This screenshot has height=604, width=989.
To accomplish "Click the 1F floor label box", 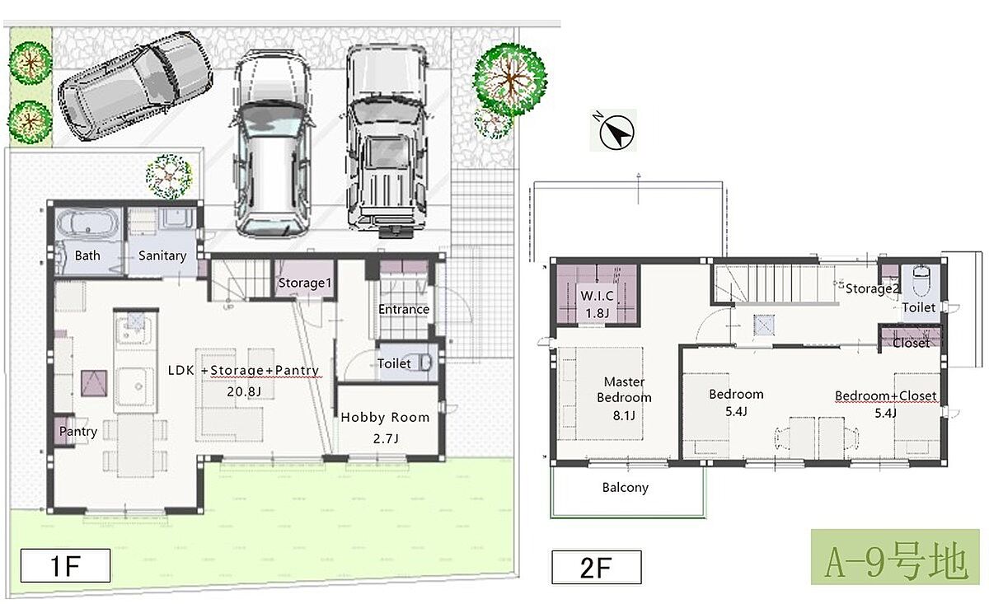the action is click(65, 565).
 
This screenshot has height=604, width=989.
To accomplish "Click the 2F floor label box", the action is click(597, 568).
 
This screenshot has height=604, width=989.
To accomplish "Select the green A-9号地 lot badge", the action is click(895, 557).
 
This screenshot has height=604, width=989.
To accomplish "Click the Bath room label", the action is click(87, 255).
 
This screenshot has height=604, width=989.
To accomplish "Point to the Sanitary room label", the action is click(162, 255).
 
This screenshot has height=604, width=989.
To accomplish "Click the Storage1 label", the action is click(305, 283).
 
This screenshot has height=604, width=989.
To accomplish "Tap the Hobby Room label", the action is click(385, 417).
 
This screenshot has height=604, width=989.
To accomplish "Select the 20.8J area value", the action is click(244, 391).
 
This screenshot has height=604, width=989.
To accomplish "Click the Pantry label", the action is click(78, 431).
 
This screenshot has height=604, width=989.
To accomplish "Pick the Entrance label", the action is click(404, 310).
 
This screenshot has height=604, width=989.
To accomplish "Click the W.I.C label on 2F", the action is click(597, 296).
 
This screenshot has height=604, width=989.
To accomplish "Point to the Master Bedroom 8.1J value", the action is click(624, 415).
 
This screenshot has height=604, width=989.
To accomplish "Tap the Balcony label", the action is click(626, 488).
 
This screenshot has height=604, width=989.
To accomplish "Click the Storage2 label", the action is click(873, 288).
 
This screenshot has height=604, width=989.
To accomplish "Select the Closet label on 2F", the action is click(912, 343).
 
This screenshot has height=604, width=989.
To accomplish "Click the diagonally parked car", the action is click(135, 86).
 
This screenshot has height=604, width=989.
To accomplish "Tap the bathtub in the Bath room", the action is click(88, 225).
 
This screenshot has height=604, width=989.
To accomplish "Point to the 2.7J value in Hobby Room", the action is click(386, 439).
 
